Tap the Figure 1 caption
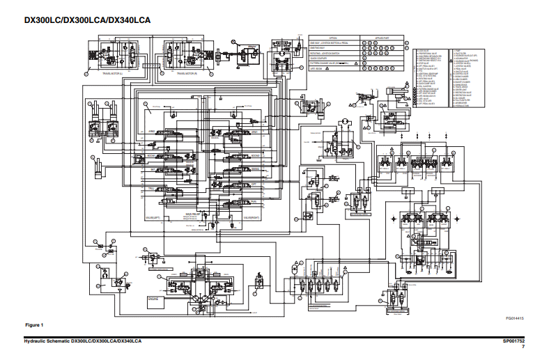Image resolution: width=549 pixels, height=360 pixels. click(34, 325)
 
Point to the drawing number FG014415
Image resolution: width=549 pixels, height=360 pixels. click(516, 318)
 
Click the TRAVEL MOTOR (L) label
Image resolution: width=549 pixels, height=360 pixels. click(112, 72)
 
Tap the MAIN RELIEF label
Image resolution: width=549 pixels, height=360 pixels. click(193, 214)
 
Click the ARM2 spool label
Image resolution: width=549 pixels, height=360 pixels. click(151, 131)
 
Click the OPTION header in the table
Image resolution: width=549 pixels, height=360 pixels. click(332, 38)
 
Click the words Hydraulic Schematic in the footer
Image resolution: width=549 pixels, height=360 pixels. click(42, 341)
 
